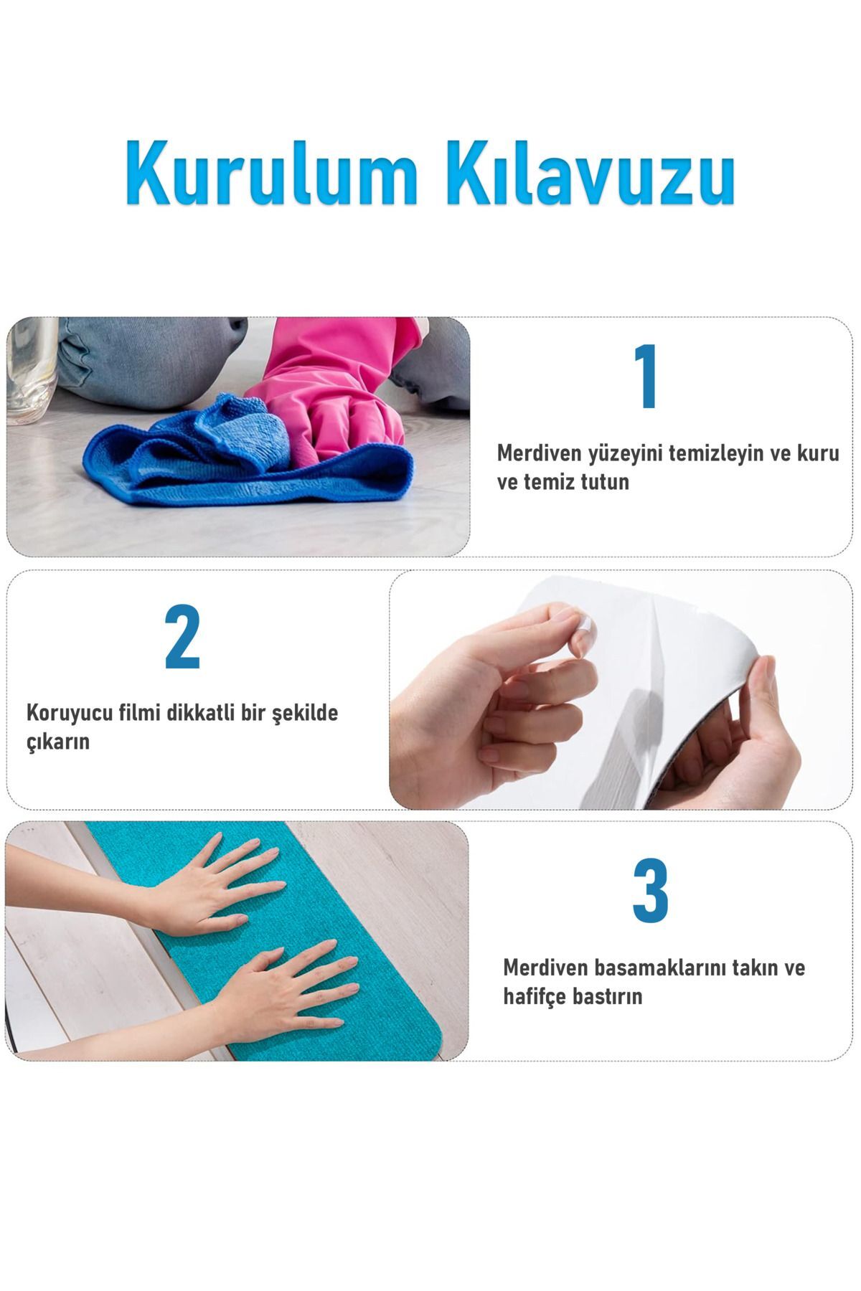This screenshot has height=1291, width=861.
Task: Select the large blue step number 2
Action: tap(182, 637)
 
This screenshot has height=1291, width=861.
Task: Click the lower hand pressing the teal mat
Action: tap(280, 983)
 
